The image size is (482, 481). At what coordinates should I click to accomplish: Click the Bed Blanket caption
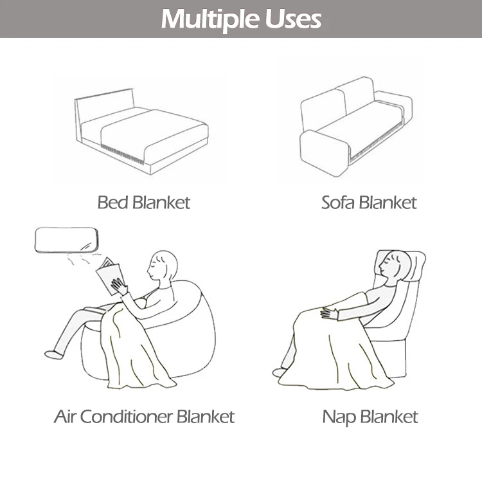pyautogui.click(x=144, y=203)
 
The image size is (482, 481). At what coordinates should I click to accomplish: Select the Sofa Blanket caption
pyautogui.click(x=369, y=203)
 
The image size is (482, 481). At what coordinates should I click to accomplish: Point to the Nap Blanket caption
pyautogui.click(x=370, y=417)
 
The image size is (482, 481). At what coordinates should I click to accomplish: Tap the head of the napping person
pyautogui.click(x=393, y=264)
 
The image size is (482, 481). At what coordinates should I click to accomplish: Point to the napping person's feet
pyautogui.click(x=280, y=371)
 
